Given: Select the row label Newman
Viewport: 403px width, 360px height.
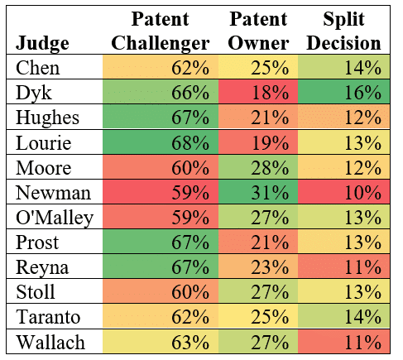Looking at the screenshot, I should [46, 193].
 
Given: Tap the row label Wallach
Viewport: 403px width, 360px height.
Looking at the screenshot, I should [47, 342].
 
